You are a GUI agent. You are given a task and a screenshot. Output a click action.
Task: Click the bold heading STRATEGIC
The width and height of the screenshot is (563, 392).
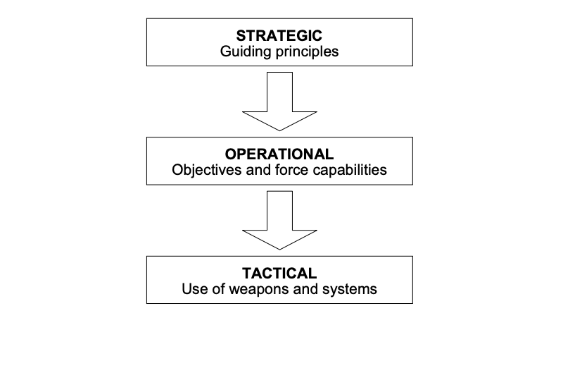coord(279,35)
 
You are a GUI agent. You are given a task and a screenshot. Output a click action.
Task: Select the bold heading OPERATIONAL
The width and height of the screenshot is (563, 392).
coord(279,154)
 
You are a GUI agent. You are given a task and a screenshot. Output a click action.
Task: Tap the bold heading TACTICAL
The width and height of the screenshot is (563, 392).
coord(279,272)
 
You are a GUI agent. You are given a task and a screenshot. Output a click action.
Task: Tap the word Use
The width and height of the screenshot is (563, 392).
coord(194,288)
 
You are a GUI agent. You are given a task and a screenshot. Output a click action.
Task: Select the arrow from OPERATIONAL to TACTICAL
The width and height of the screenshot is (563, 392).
coord(279,220)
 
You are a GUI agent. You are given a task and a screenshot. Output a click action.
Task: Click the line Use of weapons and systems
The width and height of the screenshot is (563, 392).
coord(279,288)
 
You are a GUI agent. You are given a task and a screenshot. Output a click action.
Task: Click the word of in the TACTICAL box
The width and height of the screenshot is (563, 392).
coord(215,288)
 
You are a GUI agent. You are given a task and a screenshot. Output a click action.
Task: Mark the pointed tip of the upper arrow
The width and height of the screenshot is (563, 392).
coord(279,130)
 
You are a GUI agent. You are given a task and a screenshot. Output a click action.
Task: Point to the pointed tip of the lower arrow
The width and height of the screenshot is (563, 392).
coord(279,249)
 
